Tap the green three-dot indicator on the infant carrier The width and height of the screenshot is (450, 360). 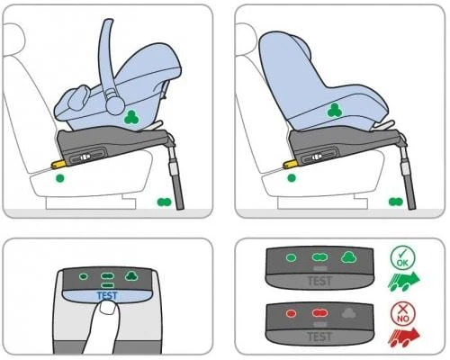[x=131, y=117]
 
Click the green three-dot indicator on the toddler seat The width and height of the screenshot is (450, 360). [x=335, y=111]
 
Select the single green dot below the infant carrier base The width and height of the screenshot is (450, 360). [x=60, y=178]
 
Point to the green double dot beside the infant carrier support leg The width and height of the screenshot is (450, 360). [x=164, y=202]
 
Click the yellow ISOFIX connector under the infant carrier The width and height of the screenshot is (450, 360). [x=58, y=163]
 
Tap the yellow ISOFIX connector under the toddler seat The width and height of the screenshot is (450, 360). [x=291, y=163]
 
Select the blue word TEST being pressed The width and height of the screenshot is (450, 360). [x=107, y=296]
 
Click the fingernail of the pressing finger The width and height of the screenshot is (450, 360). [x=107, y=308]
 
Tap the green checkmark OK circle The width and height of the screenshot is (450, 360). [x=403, y=258]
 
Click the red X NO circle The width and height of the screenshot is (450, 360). [x=403, y=314]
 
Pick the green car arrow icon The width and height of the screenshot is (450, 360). [x=404, y=282]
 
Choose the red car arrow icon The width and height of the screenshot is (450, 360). [x=404, y=337]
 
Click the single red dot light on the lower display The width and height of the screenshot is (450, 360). [x=292, y=314]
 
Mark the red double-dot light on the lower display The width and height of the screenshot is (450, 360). [x=319, y=313]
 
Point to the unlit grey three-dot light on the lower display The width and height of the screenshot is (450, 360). [x=349, y=313]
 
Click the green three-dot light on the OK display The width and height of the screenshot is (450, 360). [x=349, y=257]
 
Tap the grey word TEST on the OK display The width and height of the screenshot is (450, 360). [x=319, y=281]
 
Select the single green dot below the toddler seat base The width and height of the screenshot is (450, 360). [x=292, y=178]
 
